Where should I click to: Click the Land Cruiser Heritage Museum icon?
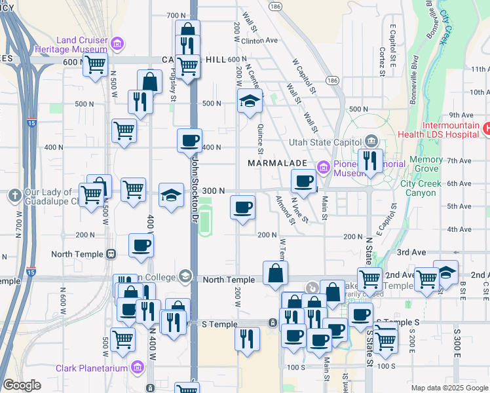tap(118, 45)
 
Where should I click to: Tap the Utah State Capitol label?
tap(326, 142)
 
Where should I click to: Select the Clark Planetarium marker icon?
tap(137, 367)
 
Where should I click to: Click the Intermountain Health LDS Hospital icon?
tap(486, 129)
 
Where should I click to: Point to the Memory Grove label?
tap(426, 164)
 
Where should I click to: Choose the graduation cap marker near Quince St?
tap(248, 102)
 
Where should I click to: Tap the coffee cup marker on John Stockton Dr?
tap(189, 140)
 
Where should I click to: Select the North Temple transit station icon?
tap(111, 254)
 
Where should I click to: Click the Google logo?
tap(22, 385)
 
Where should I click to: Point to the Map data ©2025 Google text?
tap(449, 388)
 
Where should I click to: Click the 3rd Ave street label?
tap(411, 252)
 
